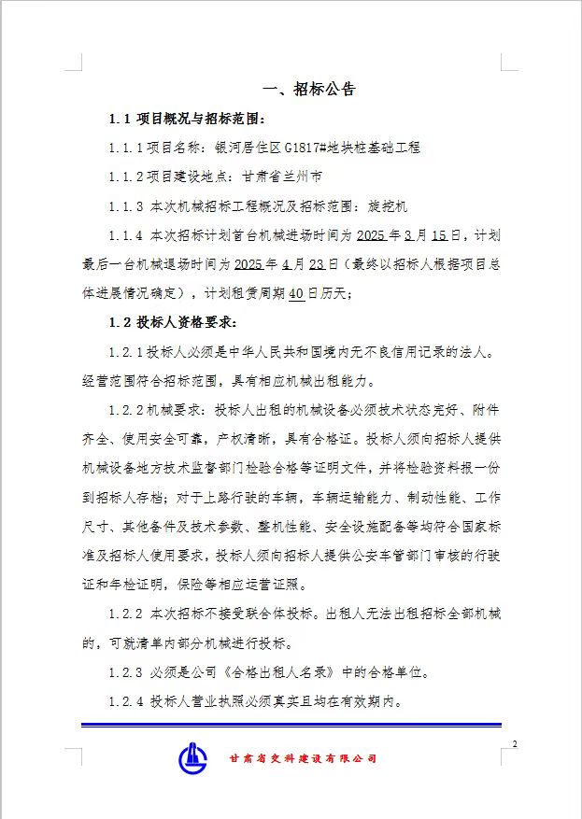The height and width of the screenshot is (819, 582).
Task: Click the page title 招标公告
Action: [324, 90]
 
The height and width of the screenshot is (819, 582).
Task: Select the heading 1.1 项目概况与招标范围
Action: [188, 119]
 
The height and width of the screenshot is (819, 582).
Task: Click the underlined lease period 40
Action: [296, 292]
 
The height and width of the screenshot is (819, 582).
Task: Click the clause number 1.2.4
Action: [126, 701]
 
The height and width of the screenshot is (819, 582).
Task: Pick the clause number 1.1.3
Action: [126, 205]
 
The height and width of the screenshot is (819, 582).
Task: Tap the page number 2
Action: [514, 743]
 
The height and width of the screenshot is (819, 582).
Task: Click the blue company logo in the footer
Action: [195, 757]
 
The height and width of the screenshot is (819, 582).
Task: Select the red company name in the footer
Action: [303, 759]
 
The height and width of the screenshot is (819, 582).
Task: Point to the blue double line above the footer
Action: [291, 725]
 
